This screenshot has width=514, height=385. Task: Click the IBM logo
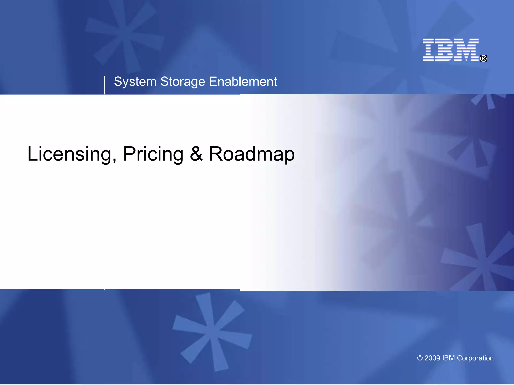[451, 50]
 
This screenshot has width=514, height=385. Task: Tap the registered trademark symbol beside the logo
[483, 58]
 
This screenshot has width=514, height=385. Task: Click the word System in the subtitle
[135, 82]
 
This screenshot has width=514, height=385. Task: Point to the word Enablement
[243, 82]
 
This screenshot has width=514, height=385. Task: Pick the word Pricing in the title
[153, 154]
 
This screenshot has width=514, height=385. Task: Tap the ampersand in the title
[196, 154]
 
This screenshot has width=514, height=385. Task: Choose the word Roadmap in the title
[252, 154]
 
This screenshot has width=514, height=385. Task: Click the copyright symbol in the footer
[420, 358]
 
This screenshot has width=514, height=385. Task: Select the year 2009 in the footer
[432, 358]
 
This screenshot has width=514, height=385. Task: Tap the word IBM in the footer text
[448, 358]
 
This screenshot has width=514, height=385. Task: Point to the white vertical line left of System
[105, 85]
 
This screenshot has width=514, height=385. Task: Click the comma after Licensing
[115, 160]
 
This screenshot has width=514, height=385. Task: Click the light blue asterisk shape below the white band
[212, 331]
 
